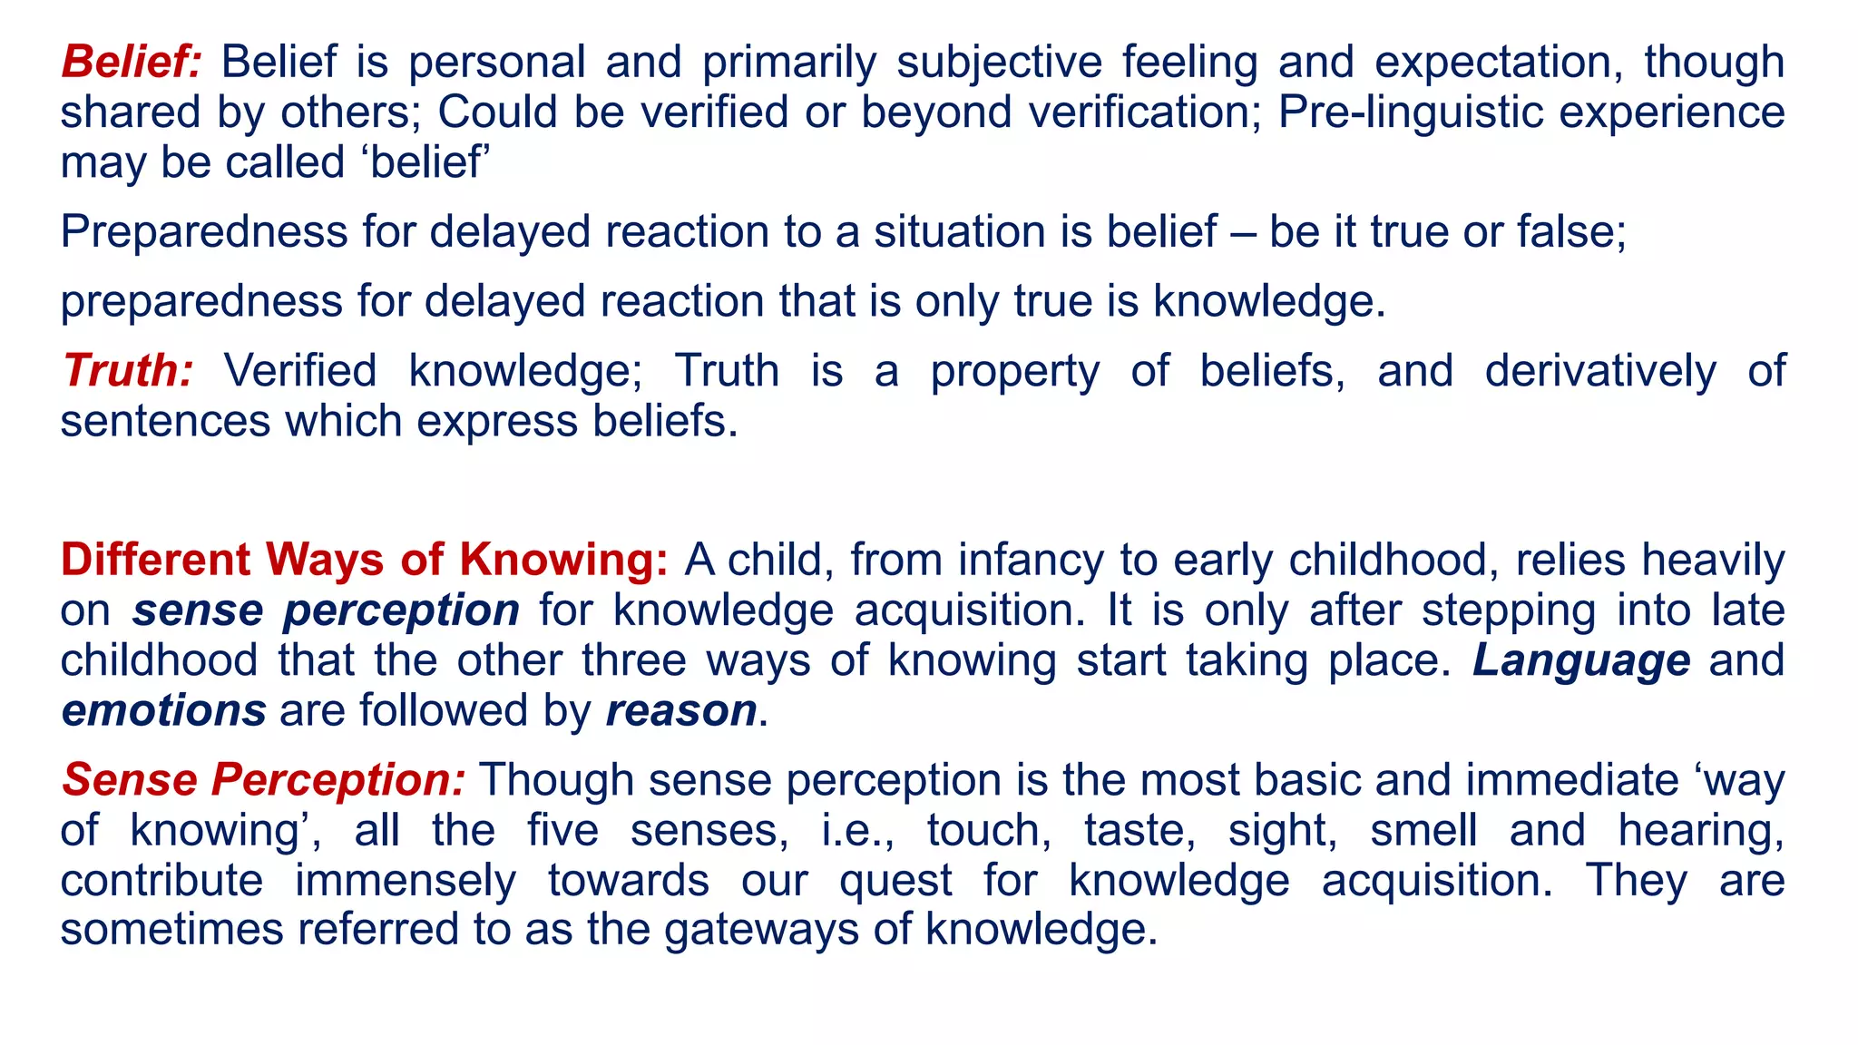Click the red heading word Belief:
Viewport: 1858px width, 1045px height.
click(131, 63)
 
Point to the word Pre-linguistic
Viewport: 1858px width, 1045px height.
click(1404, 112)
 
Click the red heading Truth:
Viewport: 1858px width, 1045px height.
click(127, 371)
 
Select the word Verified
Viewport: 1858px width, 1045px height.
click(299, 371)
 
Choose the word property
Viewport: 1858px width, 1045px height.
click(1014, 371)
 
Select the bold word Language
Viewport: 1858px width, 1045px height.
click(1581, 660)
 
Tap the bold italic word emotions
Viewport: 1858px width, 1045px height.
click(163, 710)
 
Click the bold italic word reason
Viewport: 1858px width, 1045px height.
click(681, 710)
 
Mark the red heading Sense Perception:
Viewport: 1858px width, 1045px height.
click(263, 780)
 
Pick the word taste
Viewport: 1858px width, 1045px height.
click(1139, 830)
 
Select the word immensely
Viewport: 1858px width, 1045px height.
click(406, 881)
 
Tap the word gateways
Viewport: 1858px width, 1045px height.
click(761, 930)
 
